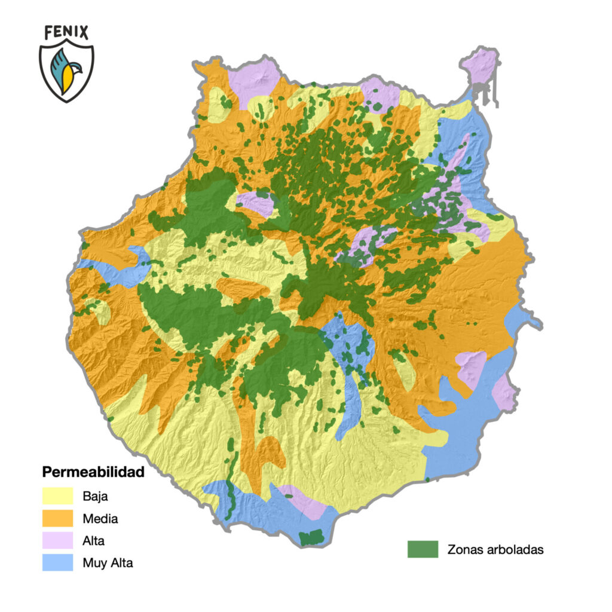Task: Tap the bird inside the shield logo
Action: click(66, 70)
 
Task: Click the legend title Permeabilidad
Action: click(93, 472)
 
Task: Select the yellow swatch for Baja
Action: click(57, 495)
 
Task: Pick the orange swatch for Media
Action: click(57, 518)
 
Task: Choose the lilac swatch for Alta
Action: click(57, 540)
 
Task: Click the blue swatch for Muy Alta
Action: click(57, 562)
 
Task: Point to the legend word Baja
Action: click(96, 495)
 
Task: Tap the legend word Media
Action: click(100, 518)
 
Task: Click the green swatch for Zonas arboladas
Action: click(423, 549)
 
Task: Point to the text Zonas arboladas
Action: click(495, 550)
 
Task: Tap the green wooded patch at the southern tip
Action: click(310, 537)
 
